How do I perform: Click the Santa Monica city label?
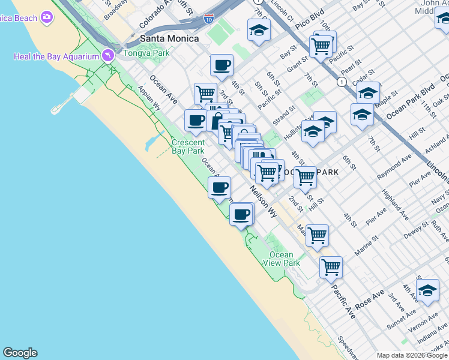point(169,38)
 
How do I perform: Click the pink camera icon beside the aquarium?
point(108,55)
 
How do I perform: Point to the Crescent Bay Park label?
point(188,147)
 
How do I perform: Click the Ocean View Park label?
point(281,259)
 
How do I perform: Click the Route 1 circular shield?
point(342,82)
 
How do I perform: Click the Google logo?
point(20,353)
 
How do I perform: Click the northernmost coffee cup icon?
point(221,65)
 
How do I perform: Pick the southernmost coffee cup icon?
point(241,214)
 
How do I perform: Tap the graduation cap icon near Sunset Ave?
point(427,291)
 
